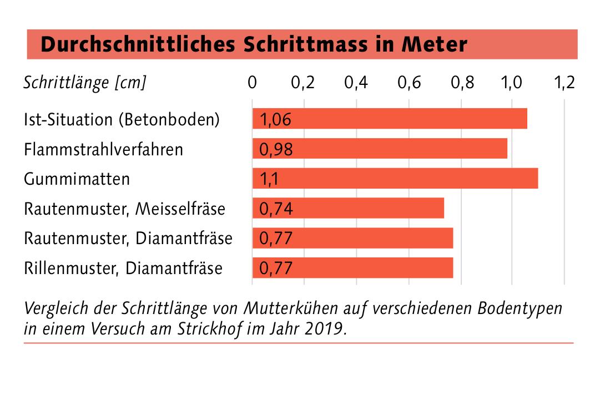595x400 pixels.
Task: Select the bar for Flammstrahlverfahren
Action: (x=380, y=149)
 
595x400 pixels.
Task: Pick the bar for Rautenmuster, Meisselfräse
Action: (x=348, y=208)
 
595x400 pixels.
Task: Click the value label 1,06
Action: (x=275, y=120)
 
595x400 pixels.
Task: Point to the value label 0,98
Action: (x=275, y=150)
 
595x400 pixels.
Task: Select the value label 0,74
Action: (x=275, y=209)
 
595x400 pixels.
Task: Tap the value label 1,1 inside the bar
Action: (x=269, y=180)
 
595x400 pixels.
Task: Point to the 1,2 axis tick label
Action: (x=564, y=83)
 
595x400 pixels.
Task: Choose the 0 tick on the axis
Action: (x=253, y=83)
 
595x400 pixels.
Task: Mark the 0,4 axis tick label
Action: (x=356, y=83)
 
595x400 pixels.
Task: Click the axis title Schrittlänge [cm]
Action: (x=85, y=83)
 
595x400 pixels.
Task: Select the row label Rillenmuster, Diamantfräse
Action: (x=123, y=269)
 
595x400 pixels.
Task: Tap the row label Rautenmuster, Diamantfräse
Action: (x=128, y=239)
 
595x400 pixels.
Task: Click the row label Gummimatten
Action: (x=77, y=179)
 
